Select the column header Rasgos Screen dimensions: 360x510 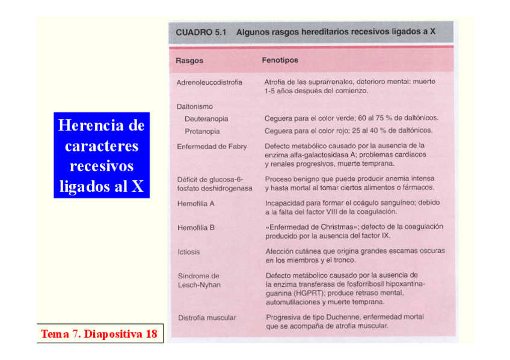click(189, 61)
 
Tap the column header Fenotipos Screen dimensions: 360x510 click(280, 60)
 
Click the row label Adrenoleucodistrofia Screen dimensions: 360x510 click(209, 82)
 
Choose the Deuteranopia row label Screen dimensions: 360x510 click(206, 118)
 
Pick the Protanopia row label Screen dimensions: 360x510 click(202, 131)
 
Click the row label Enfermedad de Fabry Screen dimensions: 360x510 click(212, 146)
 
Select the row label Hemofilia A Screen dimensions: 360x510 click(195, 204)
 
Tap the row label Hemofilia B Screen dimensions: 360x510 click(195, 228)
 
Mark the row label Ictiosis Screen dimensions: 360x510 click(188, 252)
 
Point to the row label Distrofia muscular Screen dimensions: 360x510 click(206, 317)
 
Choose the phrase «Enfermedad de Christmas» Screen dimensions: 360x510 click(312, 227)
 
